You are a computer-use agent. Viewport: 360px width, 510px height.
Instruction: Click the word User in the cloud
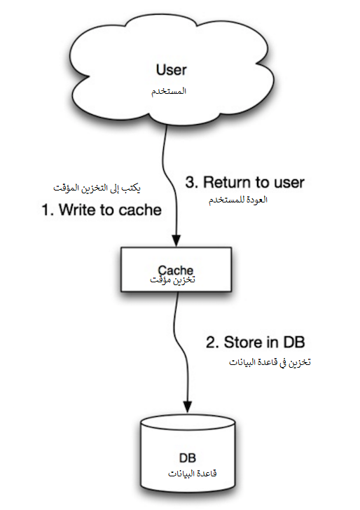(172, 69)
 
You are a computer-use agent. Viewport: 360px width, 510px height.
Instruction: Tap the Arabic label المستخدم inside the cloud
(169, 91)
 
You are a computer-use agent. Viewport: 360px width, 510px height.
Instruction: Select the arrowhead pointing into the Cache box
(176, 240)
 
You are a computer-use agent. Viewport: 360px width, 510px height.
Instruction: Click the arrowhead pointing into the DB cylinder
(188, 406)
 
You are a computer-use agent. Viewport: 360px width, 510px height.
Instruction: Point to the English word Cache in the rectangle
(176, 270)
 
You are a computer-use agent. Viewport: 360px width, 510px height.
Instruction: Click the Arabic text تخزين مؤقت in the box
(172, 280)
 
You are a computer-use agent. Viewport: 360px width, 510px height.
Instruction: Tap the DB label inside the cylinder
(187, 458)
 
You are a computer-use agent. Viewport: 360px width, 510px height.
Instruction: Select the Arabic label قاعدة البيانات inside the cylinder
(192, 474)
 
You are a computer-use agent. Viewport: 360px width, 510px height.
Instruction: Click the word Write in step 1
(77, 209)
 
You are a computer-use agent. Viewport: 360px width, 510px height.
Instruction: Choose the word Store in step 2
(242, 342)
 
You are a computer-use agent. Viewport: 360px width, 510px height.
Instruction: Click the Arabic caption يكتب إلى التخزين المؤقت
(97, 188)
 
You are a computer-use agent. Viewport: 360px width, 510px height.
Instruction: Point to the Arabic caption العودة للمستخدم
(238, 200)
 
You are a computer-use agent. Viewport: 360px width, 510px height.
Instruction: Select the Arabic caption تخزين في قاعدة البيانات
(270, 362)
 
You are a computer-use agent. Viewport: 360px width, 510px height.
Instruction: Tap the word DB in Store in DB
(294, 342)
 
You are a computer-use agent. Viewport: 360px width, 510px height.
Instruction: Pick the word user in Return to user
(289, 183)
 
